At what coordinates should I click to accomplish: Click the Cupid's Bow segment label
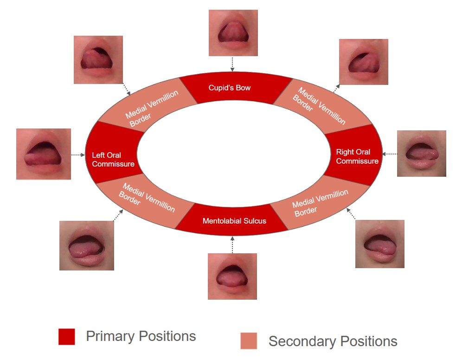[x=229, y=88]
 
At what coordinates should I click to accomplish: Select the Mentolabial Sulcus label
[x=234, y=221]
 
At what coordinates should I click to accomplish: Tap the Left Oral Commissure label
[x=113, y=160]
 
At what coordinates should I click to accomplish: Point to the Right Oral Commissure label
[x=357, y=156]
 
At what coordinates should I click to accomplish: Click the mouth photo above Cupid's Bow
[x=233, y=33]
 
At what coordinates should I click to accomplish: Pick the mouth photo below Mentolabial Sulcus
[x=232, y=276]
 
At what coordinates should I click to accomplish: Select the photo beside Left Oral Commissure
[x=44, y=154]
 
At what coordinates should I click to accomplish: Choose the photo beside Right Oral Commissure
[x=421, y=154]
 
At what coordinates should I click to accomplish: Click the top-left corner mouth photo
[x=98, y=60]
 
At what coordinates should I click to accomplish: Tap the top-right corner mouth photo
[x=363, y=62]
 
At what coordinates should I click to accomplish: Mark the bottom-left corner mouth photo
[x=86, y=245]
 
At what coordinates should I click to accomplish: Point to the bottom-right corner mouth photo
[x=379, y=244]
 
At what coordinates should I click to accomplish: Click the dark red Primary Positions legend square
[x=66, y=337]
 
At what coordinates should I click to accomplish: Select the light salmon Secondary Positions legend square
[x=248, y=341]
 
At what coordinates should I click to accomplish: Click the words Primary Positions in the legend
[x=141, y=336]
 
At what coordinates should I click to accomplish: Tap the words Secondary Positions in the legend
[x=333, y=341]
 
